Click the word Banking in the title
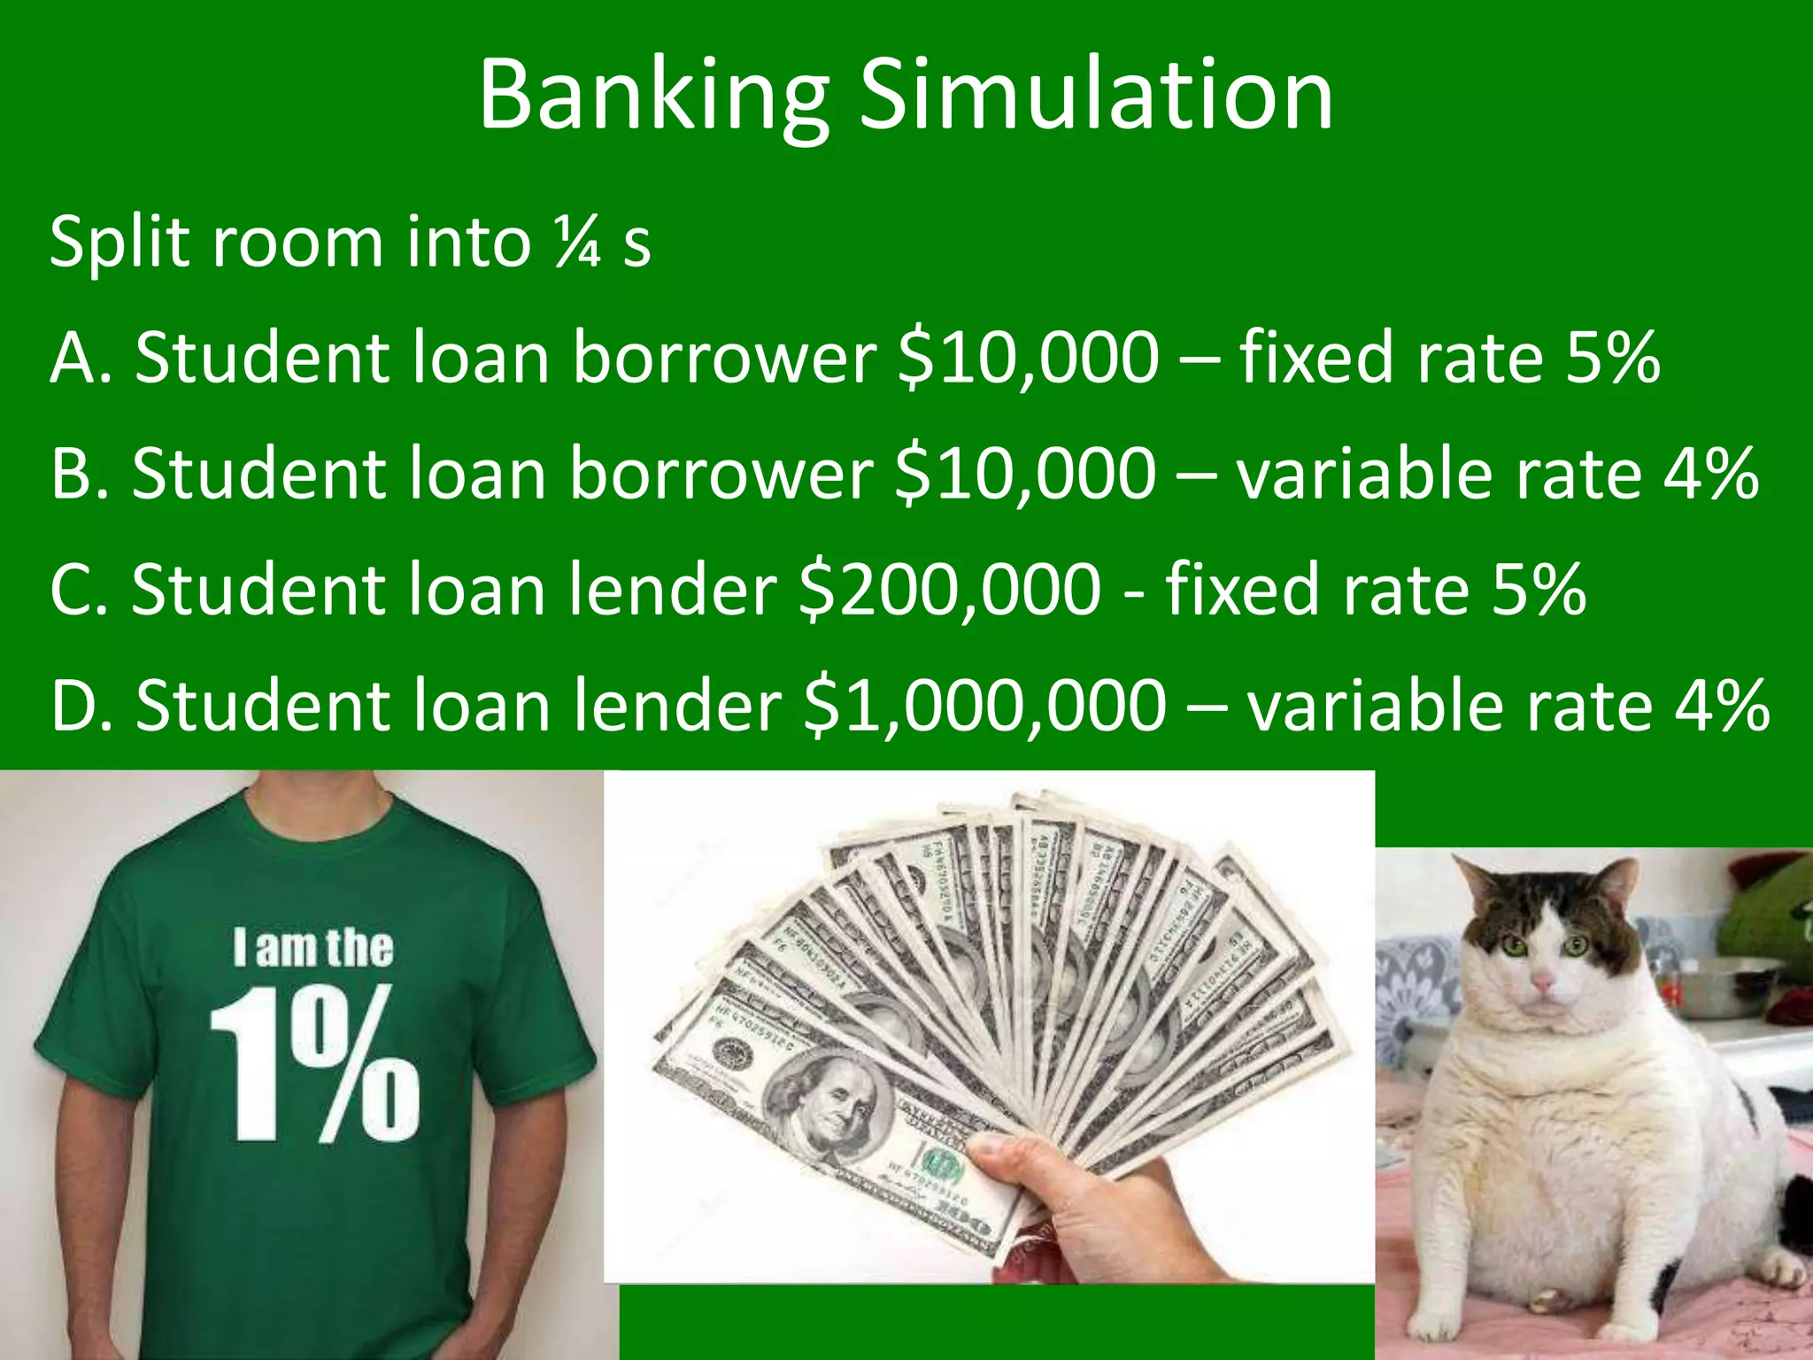pyautogui.click(x=653, y=97)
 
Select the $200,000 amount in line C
pyautogui.click(x=949, y=589)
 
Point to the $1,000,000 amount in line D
pyautogui.click(x=984, y=706)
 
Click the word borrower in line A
pyautogui.click(x=723, y=357)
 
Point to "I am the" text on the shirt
pyautogui.click(x=313, y=947)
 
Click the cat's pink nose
pyautogui.click(x=1543, y=981)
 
